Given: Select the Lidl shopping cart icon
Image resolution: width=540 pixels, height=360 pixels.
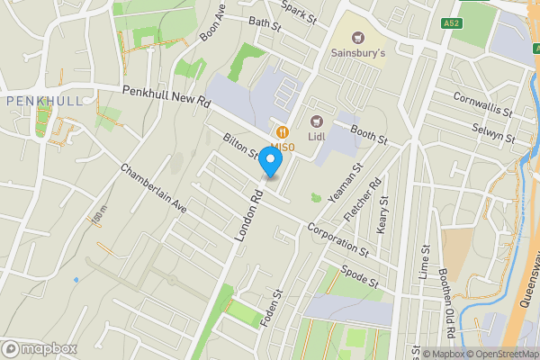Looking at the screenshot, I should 316,121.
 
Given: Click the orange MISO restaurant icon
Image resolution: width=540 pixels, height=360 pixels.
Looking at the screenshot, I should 283,131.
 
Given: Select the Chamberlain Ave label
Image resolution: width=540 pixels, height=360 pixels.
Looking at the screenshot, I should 153,188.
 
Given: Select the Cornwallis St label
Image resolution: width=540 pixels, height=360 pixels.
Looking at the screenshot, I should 482,105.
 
